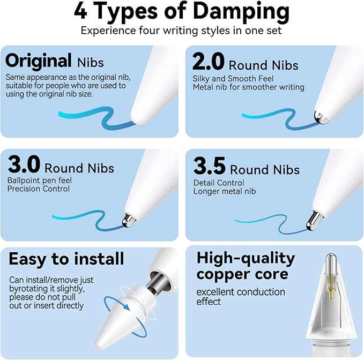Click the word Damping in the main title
pyautogui.click(x=241, y=12)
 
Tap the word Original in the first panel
pyautogui.click(x=38, y=61)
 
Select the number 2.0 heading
pyautogui.click(x=209, y=61)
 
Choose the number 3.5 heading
pyautogui.click(x=210, y=166)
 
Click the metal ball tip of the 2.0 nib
pyautogui.click(x=322, y=117)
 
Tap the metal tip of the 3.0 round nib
pyautogui.click(x=128, y=220)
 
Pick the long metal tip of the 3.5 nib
pyautogui.click(x=314, y=220)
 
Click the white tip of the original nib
pyautogui.click(x=140, y=114)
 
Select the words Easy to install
pyautogui.click(x=66, y=259)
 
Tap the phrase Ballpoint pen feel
pyautogui.click(x=40, y=180)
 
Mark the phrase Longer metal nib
pyautogui.click(x=225, y=191)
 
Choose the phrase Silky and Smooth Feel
pyautogui.click(x=233, y=79)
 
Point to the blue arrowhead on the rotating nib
pyautogui.click(x=125, y=306)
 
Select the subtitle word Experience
pyautogui.click(x=108, y=31)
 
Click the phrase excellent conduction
pyautogui.click(x=241, y=292)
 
